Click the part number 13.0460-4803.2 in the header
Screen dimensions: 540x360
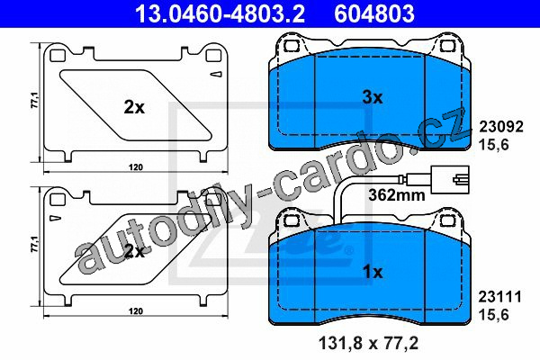[x=220, y=13]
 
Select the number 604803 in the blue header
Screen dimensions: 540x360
[x=374, y=13]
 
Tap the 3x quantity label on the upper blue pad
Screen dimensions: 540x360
[x=373, y=97]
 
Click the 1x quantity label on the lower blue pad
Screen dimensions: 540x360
[x=373, y=272]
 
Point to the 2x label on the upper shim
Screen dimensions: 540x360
[x=134, y=107]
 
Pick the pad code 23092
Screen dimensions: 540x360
[x=501, y=127]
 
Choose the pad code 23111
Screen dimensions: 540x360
[x=500, y=297]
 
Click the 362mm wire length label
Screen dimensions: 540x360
[x=397, y=195]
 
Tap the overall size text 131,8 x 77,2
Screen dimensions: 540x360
[x=369, y=343]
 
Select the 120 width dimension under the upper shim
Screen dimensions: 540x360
[x=136, y=167]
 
